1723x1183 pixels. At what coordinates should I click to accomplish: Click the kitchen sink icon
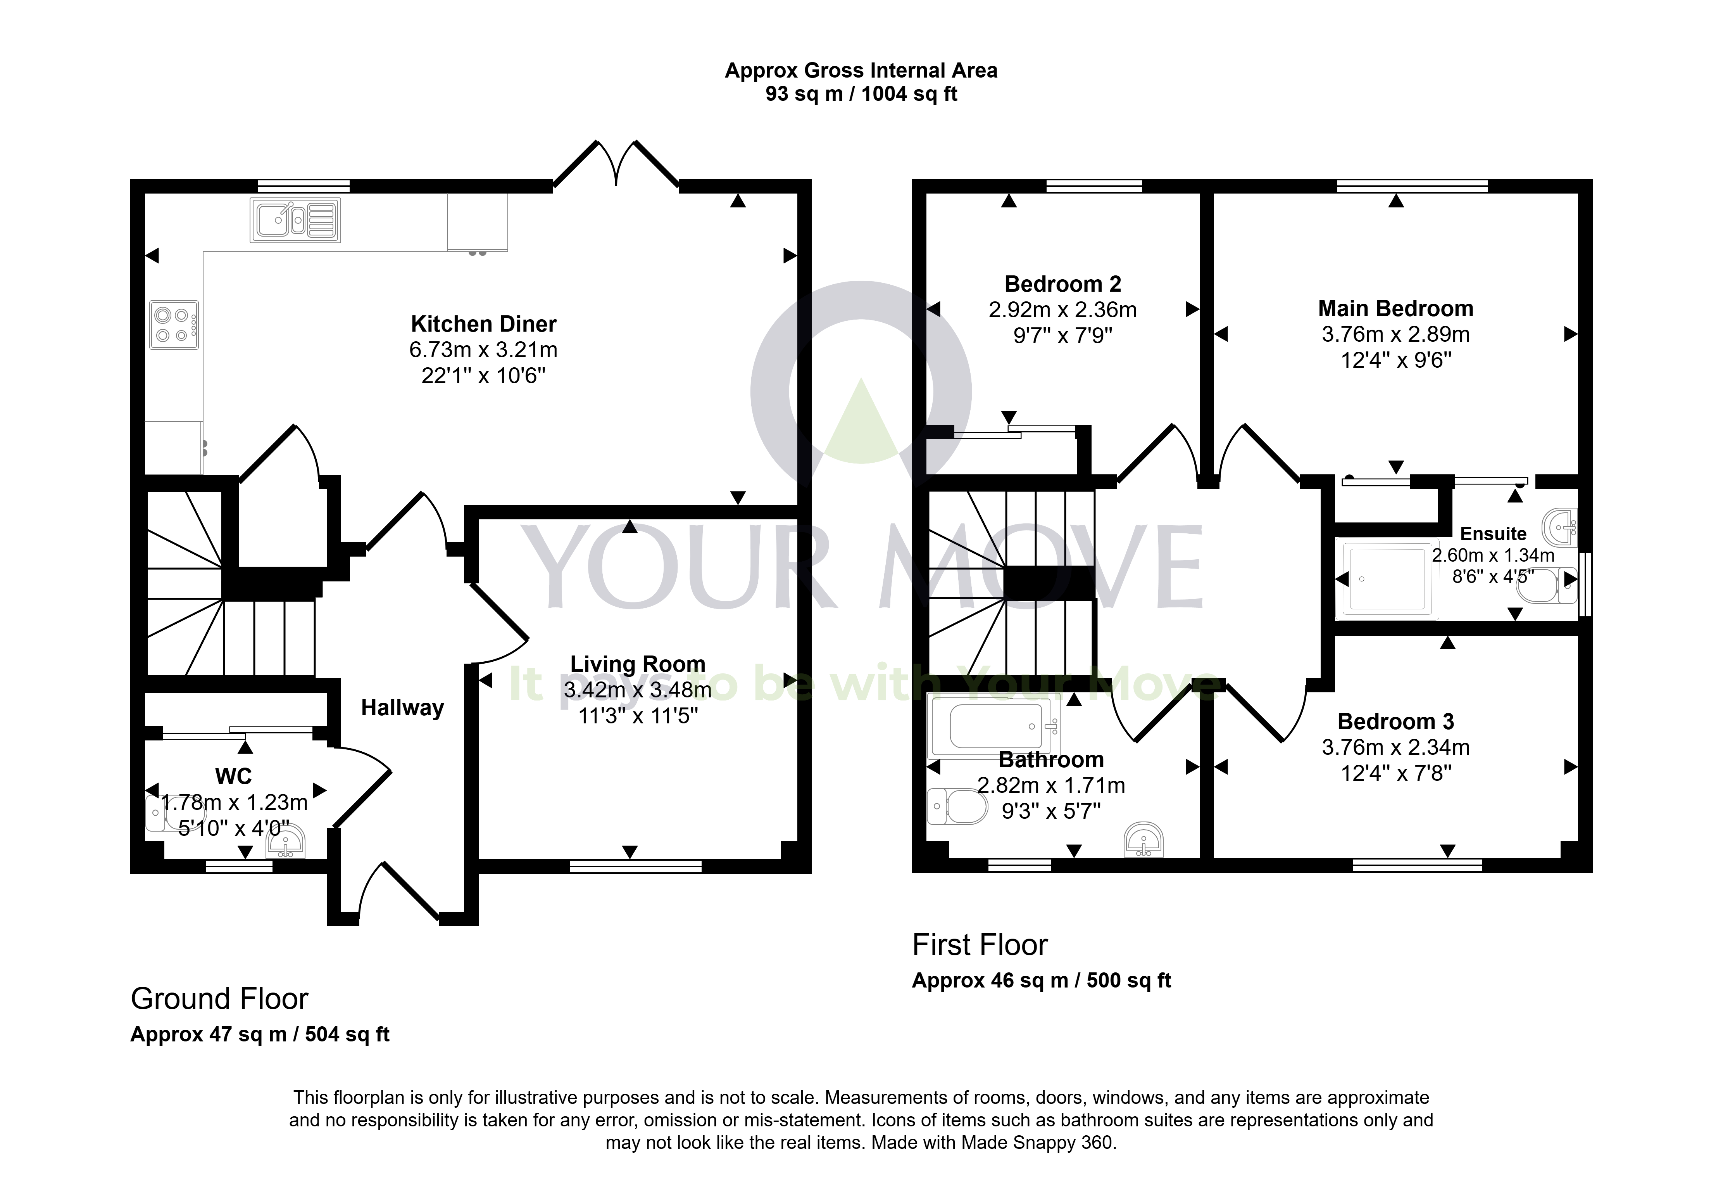(295, 220)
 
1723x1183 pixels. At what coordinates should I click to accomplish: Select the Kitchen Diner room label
(483, 324)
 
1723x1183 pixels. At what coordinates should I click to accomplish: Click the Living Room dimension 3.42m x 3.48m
(638, 690)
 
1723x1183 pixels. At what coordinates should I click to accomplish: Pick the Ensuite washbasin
(1560, 528)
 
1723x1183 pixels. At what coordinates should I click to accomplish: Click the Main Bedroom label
(1395, 308)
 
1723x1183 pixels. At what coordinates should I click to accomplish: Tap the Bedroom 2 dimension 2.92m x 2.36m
(1062, 310)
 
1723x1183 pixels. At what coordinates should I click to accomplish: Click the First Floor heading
(980, 945)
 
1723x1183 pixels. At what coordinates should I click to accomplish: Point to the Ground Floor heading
(219, 999)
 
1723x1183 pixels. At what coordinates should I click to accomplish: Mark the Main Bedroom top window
(1413, 186)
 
